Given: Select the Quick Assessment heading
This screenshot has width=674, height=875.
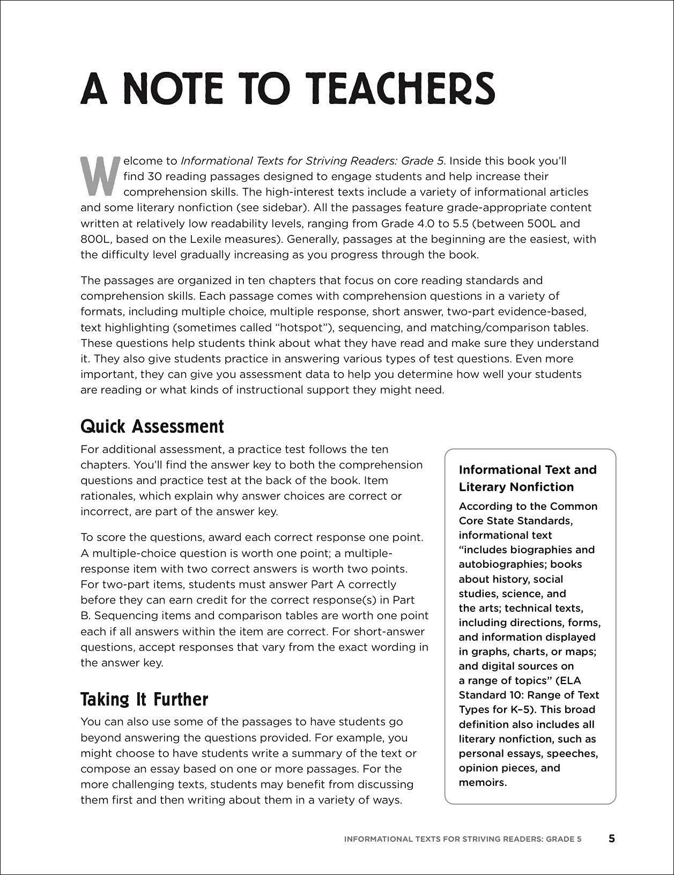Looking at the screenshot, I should (x=152, y=427).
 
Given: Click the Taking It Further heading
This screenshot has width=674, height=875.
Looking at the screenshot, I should (x=144, y=699).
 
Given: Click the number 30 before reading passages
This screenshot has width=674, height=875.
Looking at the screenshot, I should (x=147, y=176).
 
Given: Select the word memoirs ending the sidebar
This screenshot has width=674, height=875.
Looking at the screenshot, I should (x=482, y=782).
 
